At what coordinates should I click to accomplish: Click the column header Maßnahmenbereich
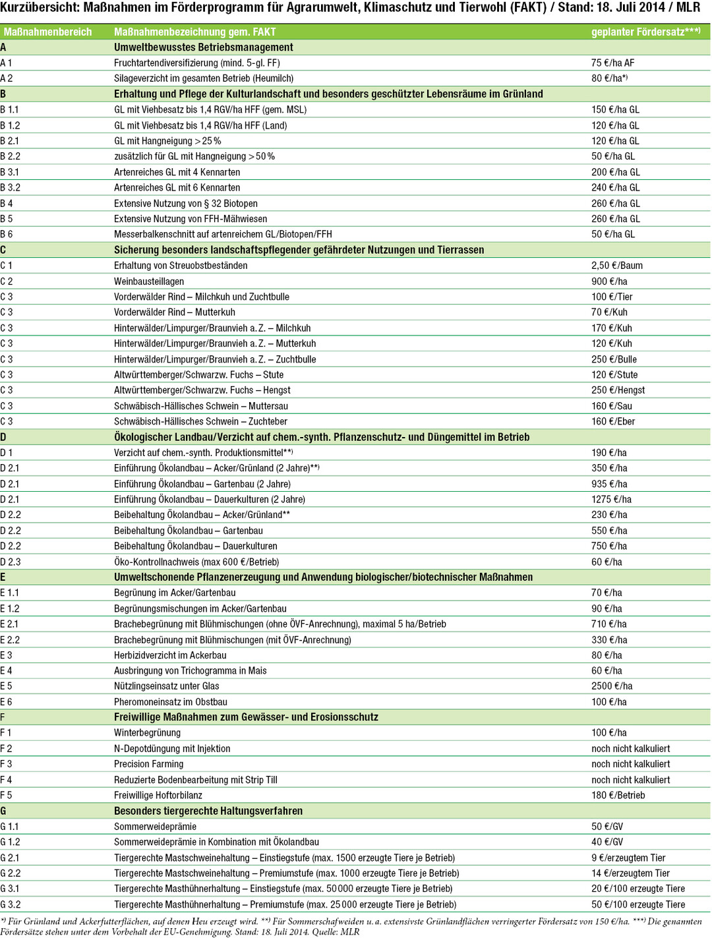coord(48,32)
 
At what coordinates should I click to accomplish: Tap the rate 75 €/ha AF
coord(612,63)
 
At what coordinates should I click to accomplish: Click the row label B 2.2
coord(11,156)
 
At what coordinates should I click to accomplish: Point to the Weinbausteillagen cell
coord(149,281)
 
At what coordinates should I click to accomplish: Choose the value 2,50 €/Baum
coord(616,266)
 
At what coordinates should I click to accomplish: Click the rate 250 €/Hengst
coord(618,390)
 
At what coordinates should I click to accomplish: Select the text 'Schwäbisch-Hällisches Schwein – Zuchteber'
coord(200,421)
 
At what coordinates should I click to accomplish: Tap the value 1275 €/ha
coord(611,500)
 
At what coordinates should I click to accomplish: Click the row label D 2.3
coord(11,562)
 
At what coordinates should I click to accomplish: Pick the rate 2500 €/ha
coord(612,686)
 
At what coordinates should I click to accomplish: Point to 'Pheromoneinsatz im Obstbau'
coord(170,702)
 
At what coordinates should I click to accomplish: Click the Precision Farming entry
coord(148,764)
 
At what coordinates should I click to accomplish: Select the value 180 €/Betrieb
coord(618,795)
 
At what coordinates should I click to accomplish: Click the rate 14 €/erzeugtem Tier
coord(628,873)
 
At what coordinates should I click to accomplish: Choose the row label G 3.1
coord(11,889)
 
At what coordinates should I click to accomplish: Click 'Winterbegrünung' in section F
coord(147,733)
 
